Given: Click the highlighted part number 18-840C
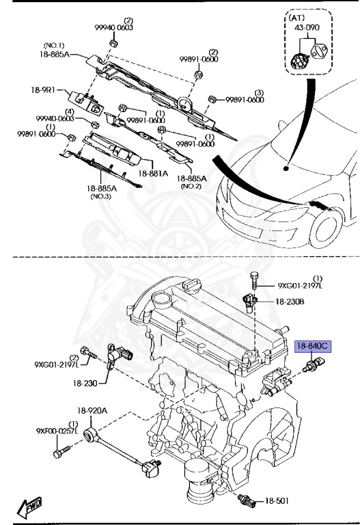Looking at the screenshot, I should (x=312, y=347).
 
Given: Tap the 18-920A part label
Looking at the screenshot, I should (x=92, y=411).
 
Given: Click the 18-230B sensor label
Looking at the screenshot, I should (x=290, y=301).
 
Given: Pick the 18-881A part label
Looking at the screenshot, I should (x=153, y=174).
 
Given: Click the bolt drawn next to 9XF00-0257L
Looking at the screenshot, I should (x=62, y=452).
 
